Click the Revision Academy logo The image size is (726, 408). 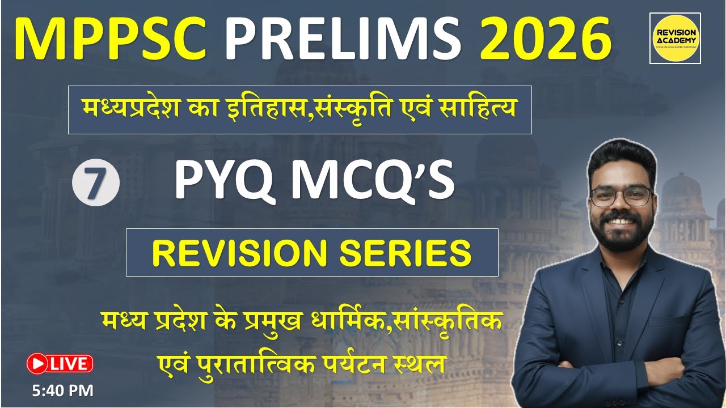[674, 39]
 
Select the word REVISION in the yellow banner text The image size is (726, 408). [241, 253]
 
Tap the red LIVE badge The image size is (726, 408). [60, 364]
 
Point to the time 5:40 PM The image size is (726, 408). [60, 390]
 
